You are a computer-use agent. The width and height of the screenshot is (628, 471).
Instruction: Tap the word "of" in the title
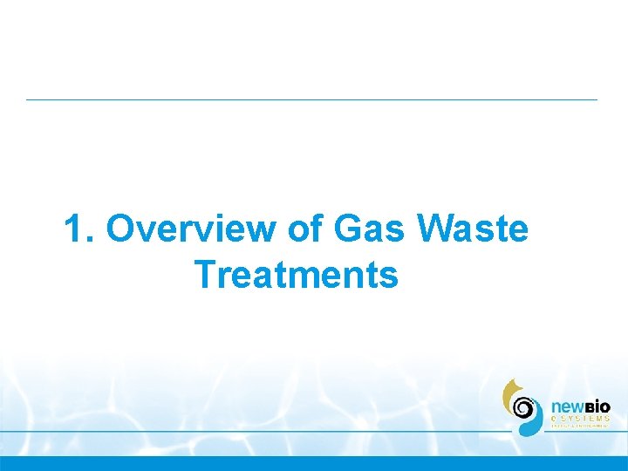pos(304,230)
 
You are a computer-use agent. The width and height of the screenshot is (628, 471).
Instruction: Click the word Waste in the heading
pos(474,230)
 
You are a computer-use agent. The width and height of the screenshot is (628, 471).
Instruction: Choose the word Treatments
pos(297,276)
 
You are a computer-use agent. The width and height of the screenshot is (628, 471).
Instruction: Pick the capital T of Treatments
pos(206,276)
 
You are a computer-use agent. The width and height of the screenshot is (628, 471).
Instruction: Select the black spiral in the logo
pos(524,407)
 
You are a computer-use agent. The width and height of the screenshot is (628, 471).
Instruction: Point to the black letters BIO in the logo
pos(597,407)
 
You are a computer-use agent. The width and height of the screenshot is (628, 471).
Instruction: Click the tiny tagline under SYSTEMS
pos(580,427)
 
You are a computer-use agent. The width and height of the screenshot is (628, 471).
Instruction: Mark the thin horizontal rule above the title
pos(311,99)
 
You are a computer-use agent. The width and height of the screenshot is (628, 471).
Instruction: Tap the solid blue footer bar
pos(314,463)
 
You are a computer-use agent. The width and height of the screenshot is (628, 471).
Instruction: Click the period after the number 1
pos(92,240)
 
